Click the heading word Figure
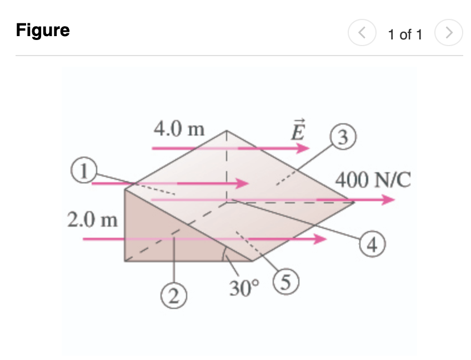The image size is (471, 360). tap(43, 30)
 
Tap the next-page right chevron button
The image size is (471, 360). tap(449, 34)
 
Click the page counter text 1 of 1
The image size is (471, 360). tap(405, 34)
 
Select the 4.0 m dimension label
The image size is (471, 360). tap(179, 129)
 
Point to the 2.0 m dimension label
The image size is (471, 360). tap(92, 220)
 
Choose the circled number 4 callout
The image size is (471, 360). tap(373, 244)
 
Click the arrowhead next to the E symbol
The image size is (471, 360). tap(303, 148)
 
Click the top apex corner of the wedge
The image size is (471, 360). tap(227, 131)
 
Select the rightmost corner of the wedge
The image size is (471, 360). tap(355, 203)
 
